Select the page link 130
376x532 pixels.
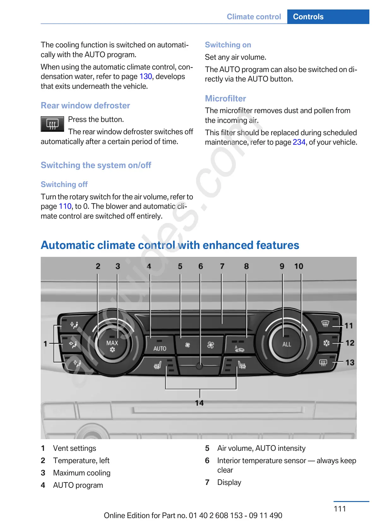pos(146,77)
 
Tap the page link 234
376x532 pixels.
pos(299,142)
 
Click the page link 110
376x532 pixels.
pos(65,207)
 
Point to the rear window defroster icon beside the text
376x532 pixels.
pos(52,124)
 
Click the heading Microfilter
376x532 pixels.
pos(225,99)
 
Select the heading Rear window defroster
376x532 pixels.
pos(85,106)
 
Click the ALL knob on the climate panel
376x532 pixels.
pos(287,344)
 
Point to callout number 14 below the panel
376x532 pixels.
pos(199,403)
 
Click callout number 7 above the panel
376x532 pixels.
pos(222,266)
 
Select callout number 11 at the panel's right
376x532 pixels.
pos(349,326)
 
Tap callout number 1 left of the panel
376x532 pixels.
pos(45,343)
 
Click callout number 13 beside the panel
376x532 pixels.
pos(350,363)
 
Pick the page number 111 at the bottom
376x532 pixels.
pos(340,509)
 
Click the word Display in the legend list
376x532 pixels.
pos(229,483)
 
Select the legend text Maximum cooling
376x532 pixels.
pos(82,473)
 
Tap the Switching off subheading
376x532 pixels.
pos(64,184)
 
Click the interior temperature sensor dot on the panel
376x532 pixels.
pos(199,366)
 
